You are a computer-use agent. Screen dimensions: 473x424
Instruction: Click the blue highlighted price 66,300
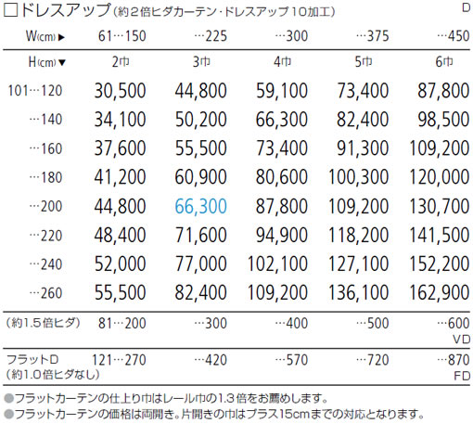tap(201, 206)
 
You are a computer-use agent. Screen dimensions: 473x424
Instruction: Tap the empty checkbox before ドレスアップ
tap(10, 10)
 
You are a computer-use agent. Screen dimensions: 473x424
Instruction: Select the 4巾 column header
tap(282, 62)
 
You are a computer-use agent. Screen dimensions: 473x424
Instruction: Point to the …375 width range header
tap(372, 36)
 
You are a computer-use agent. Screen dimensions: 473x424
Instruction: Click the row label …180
tap(45, 177)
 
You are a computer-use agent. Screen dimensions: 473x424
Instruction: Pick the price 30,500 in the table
tap(120, 91)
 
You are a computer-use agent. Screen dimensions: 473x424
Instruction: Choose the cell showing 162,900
tap(440, 292)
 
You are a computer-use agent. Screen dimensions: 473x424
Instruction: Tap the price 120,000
tap(440, 177)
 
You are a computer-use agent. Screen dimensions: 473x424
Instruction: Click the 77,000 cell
tap(201, 263)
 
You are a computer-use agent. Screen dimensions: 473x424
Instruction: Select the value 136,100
tap(358, 292)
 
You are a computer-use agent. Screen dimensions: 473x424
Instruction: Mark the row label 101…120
tap(35, 91)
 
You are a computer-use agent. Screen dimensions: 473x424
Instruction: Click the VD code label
tap(462, 340)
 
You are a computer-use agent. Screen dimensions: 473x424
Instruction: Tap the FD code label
tap(462, 376)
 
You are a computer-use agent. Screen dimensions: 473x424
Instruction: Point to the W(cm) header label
tap(45, 36)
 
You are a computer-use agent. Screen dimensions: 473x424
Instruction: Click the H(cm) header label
tap(47, 62)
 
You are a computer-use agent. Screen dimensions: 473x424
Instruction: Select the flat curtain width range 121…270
tap(119, 360)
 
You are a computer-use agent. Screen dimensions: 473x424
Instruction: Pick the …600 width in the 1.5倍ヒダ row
tap(454, 323)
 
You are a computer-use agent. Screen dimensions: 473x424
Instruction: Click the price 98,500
tap(443, 120)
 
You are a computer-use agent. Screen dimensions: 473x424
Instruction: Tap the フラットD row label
tap(32, 360)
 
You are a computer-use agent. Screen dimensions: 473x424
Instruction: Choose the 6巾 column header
tap(444, 62)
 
